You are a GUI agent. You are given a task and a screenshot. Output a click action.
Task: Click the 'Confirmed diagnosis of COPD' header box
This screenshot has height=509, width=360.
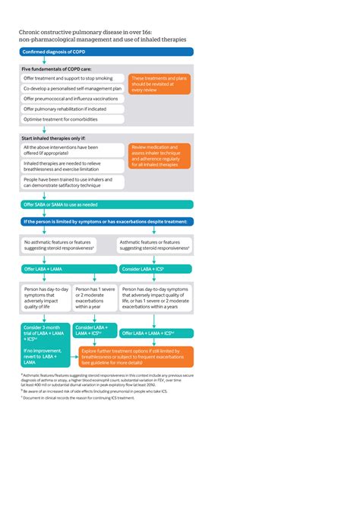[106, 52]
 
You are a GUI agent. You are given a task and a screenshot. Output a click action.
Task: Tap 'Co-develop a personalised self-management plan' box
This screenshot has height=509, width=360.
[72, 88]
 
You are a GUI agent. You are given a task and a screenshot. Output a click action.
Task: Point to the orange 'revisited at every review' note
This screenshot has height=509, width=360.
[159, 84]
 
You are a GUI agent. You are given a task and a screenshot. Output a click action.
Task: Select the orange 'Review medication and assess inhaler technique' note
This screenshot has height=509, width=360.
[159, 155]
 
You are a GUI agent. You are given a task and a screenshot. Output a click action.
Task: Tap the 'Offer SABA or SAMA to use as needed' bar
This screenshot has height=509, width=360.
[106, 204]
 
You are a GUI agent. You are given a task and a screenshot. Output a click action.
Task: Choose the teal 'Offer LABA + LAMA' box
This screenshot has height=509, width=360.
[68, 269]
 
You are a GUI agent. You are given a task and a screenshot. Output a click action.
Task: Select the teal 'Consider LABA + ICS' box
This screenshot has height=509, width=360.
[156, 269]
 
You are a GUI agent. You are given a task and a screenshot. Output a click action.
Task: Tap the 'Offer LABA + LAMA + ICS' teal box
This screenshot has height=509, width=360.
[156, 333]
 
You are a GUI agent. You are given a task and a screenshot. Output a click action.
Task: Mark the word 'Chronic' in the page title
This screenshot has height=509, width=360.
[33, 32]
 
